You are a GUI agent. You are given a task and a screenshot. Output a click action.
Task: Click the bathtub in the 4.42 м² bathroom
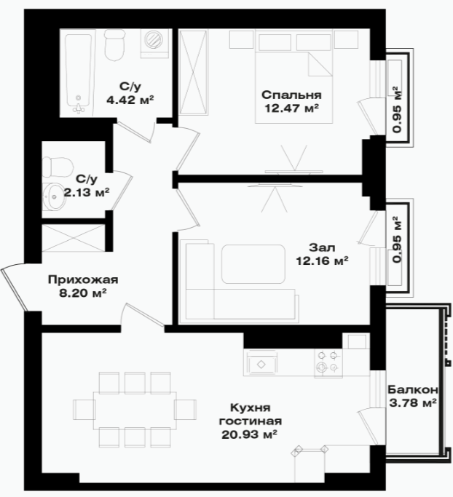tap(79, 73)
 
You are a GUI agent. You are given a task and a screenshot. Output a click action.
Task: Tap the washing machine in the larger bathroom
tap(154, 44)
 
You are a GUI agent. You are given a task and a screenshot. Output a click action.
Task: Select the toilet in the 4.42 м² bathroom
tap(114, 45)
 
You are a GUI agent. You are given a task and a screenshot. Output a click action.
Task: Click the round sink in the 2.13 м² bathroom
tap(54, 196)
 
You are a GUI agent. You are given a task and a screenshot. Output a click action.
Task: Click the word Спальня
tap(291, 95)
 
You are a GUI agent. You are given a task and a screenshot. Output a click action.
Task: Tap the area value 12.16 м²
tap(323, 261)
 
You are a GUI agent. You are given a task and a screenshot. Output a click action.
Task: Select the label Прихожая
tap(83, 279)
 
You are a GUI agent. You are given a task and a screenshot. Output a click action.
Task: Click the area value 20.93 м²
tap(249, 434)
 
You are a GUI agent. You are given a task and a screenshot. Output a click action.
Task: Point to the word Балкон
tap(413, 389)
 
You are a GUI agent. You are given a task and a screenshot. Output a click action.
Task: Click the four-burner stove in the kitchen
tap(328, 363)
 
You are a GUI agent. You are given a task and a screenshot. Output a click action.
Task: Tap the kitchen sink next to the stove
tap(261, 363)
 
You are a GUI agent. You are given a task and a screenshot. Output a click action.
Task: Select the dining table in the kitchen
tap(135, 410)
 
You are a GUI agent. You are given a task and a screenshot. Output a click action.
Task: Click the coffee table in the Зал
tap(253, 263)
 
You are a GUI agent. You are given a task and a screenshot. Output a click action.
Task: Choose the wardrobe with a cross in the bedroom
tap(193, 72)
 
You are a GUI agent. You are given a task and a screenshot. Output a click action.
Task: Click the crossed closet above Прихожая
tap(74, 238)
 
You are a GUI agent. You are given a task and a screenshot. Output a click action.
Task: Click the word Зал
tap(322, 247)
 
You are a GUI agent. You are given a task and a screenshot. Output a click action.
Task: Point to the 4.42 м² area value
tap(130, 100)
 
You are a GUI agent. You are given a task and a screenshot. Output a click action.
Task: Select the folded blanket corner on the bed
tap(320, 64)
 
